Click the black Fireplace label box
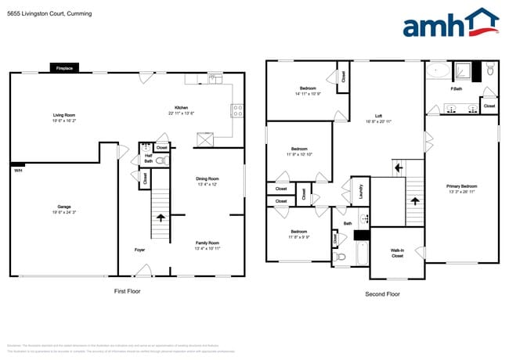coord(64,69)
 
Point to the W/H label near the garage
coord(17,170)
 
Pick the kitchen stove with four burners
coord(237,110)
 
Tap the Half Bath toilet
coord(161,160)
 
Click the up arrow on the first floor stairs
coord(161,217)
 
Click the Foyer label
coord(139,250)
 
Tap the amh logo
coord(449,23)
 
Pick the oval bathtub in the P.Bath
coord(438,70)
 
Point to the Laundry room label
coord(359,189)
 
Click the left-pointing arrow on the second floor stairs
coord(398,167)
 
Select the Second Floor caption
coord(382,293)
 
